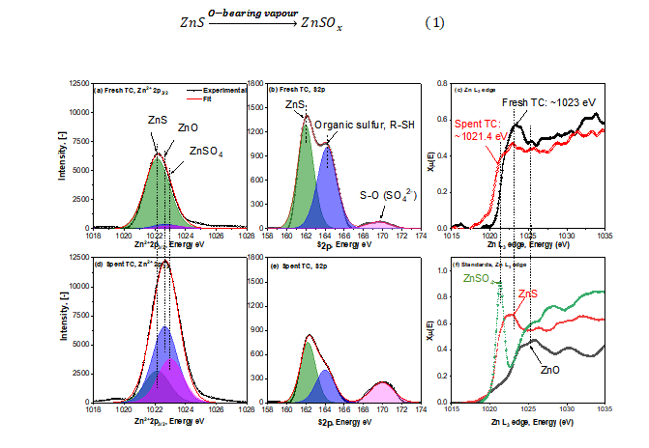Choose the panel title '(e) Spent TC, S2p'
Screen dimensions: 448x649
299,264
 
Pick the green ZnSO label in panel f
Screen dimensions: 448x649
476,279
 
